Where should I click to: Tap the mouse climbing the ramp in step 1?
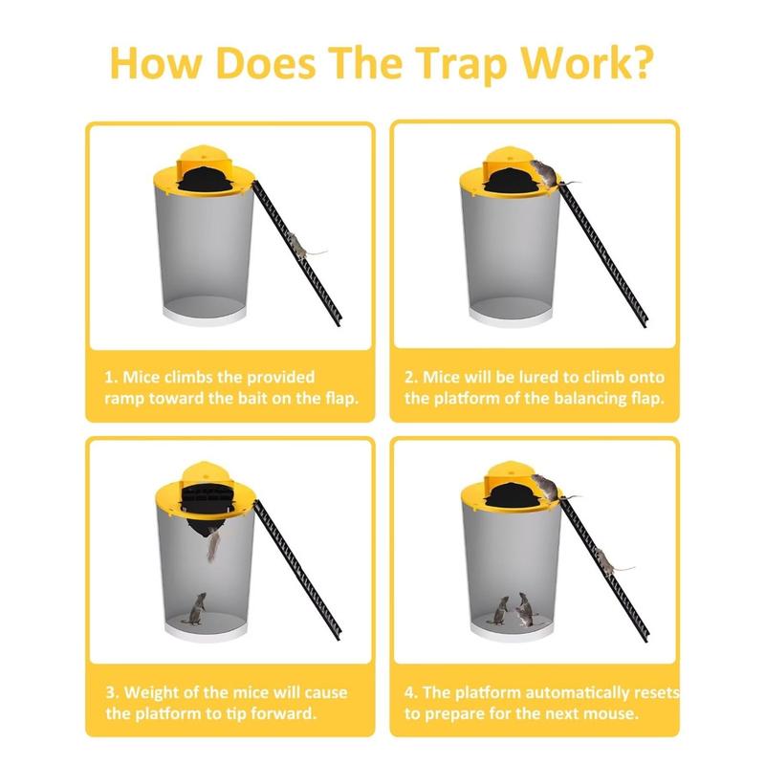(x=303, y=248)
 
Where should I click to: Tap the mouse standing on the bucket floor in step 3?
(x=198, y=609)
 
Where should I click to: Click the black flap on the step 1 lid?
(x=207, y=176)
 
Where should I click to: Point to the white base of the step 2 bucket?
(x=512, y=315)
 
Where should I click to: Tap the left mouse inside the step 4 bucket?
(x=503, y=609)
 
